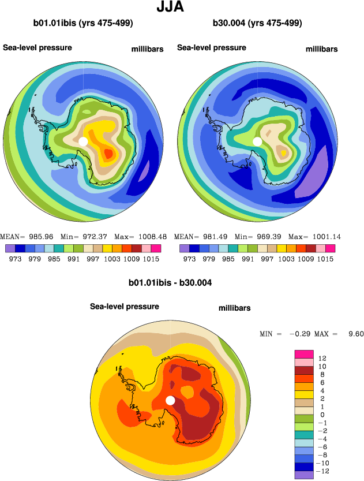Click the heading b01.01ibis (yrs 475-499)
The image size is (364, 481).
[x=84, y=24]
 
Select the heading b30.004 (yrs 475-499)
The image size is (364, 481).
[x=257, y=24]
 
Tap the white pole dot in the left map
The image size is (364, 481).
[x=83, y=141]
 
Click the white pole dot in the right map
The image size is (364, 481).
[x=257, y=141]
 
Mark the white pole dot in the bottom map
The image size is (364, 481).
[x=170, y=400]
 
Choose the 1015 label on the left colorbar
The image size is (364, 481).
[x=151, y=259]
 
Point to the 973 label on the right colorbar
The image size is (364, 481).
[x=189, y=259]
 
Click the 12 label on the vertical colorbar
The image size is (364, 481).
[x=322, y=358]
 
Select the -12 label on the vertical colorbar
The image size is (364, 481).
[x=324, y=471]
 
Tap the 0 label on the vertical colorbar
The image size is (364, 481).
[x=321, y=415]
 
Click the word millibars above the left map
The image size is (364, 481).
[x=148, y=50]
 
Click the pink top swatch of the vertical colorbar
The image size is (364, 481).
[x=303, y=354]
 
